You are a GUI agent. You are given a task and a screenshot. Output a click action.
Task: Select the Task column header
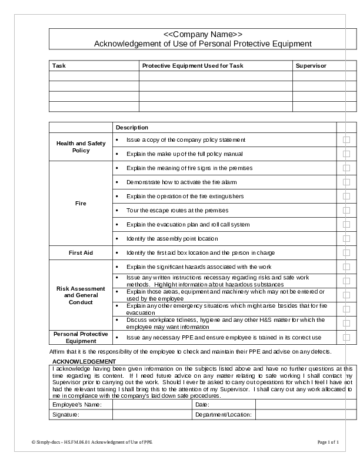[59, 66]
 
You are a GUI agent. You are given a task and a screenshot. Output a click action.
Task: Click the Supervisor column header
[311, 66]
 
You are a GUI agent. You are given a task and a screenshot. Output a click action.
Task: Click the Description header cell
[132, 128]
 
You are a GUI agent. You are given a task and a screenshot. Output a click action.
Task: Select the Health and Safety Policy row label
[81, 147]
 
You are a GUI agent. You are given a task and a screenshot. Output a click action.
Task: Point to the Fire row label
[81, 204]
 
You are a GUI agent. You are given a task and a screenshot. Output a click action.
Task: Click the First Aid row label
[81, 253]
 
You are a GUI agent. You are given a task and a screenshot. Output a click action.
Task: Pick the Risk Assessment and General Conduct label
[81, 295]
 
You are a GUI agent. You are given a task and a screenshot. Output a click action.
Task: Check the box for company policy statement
[346, 140]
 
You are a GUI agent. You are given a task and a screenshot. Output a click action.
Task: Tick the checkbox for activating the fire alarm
[346, 182]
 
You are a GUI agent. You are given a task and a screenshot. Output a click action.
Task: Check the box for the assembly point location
[346, 239]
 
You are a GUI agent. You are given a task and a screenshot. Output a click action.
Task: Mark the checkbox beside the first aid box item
[346, 253]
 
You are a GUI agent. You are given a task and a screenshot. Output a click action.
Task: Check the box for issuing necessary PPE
[346, 338]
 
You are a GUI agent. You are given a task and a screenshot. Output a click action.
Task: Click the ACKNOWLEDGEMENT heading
[84, 361]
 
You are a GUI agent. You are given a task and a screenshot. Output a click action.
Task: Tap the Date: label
[202, 405]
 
